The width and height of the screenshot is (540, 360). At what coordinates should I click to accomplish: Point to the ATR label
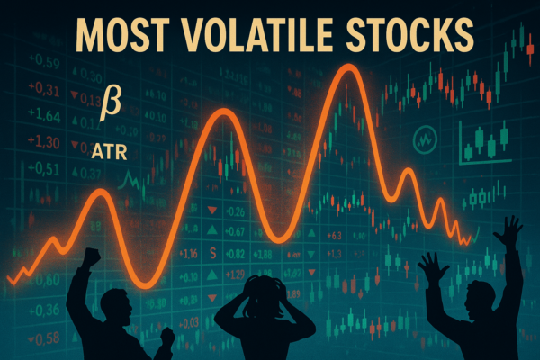pyautogui.click(x=109, y=152)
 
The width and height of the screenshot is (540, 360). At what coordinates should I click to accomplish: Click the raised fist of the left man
pyautogui.click(x=92, y=256)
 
